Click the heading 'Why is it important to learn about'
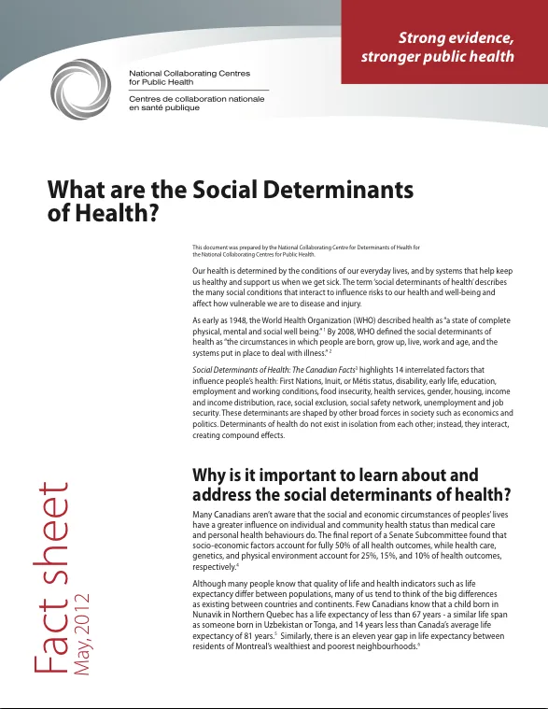point(334,475)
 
